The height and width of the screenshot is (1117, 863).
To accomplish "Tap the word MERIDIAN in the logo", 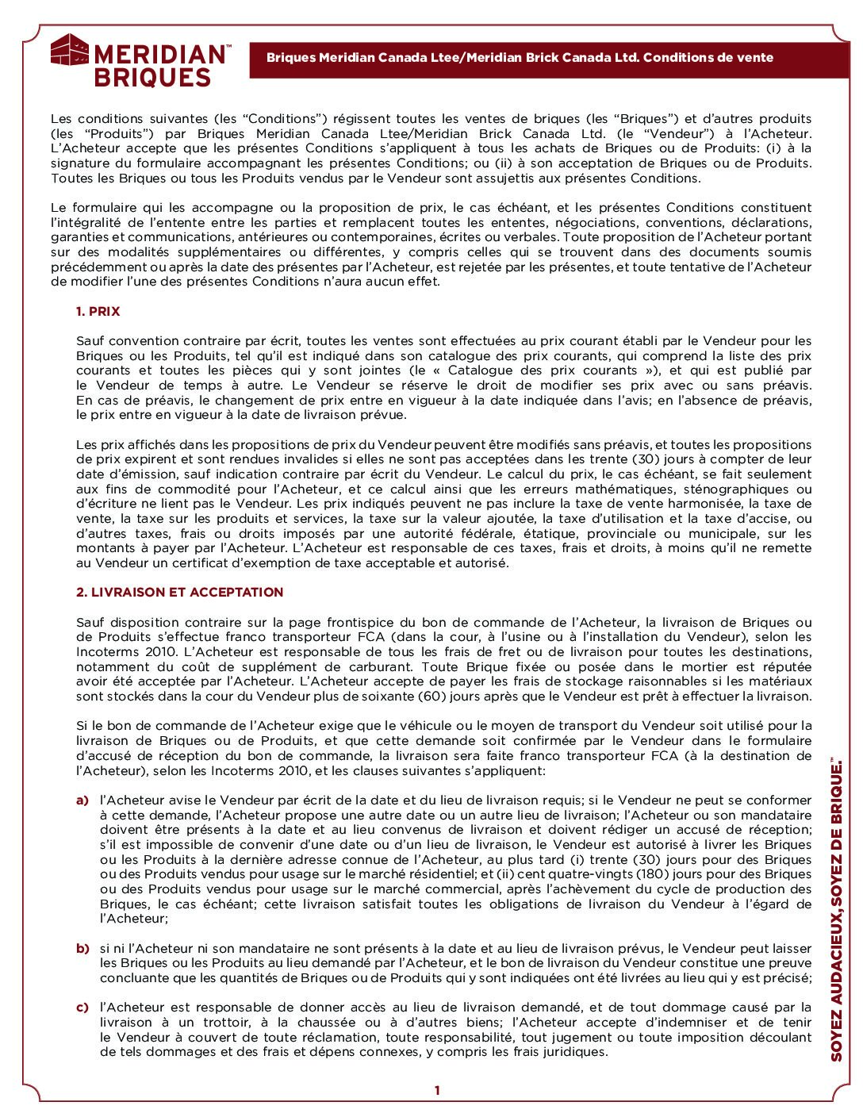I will coord(159,55).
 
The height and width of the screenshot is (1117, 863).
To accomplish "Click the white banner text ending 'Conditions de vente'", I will coord(520,58).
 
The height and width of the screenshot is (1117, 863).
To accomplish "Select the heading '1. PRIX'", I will coord(98,312).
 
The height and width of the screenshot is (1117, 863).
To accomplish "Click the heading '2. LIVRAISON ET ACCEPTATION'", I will coord(179,593).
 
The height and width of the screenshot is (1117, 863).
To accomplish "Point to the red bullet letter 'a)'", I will coord(82,800).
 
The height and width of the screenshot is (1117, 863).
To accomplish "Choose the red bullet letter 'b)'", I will coord(82,949).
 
